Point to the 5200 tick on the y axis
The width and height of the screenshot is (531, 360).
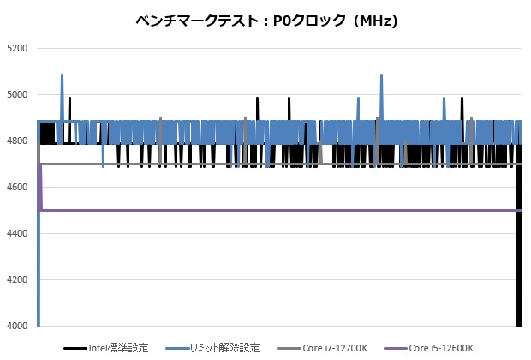click(x=17, y=49)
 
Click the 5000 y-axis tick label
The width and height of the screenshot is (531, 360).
click(x=17, y=95)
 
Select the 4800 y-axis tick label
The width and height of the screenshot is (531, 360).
click(x=17, y=141)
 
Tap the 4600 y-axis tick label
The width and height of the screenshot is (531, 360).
click(x=17, y=188)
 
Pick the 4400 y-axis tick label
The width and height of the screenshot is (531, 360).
click(x=17, y=234)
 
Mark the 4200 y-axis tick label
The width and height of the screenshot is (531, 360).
click(x=17, y=280)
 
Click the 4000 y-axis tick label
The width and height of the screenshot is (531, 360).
click(x=17, y=327)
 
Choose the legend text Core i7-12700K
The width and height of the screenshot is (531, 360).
click(x=336, y=348)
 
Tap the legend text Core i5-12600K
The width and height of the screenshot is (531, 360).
click(x=442, y=348)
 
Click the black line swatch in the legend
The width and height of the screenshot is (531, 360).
click(x=75, y=349)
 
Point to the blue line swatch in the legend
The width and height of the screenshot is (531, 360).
click(x=177, y=349)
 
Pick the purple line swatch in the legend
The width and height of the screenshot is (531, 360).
click(x=393, y=349)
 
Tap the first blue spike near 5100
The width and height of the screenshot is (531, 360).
click(x=63, y=77)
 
